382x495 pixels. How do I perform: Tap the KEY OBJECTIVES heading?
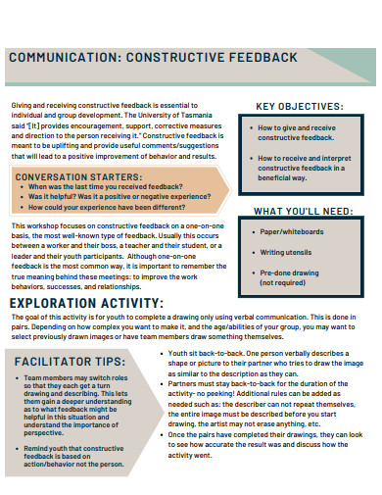pyautogui.click(x=299, y=107)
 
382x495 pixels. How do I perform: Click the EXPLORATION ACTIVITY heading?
pyautogui.click(x=86, y=304)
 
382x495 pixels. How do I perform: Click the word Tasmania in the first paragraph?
pyautogui.click(x=204, y=119)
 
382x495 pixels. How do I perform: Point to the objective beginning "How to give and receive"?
pyautogui.click(x=297, y=133)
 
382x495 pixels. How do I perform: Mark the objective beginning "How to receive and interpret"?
pyautogui.click(x=300, y=163)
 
